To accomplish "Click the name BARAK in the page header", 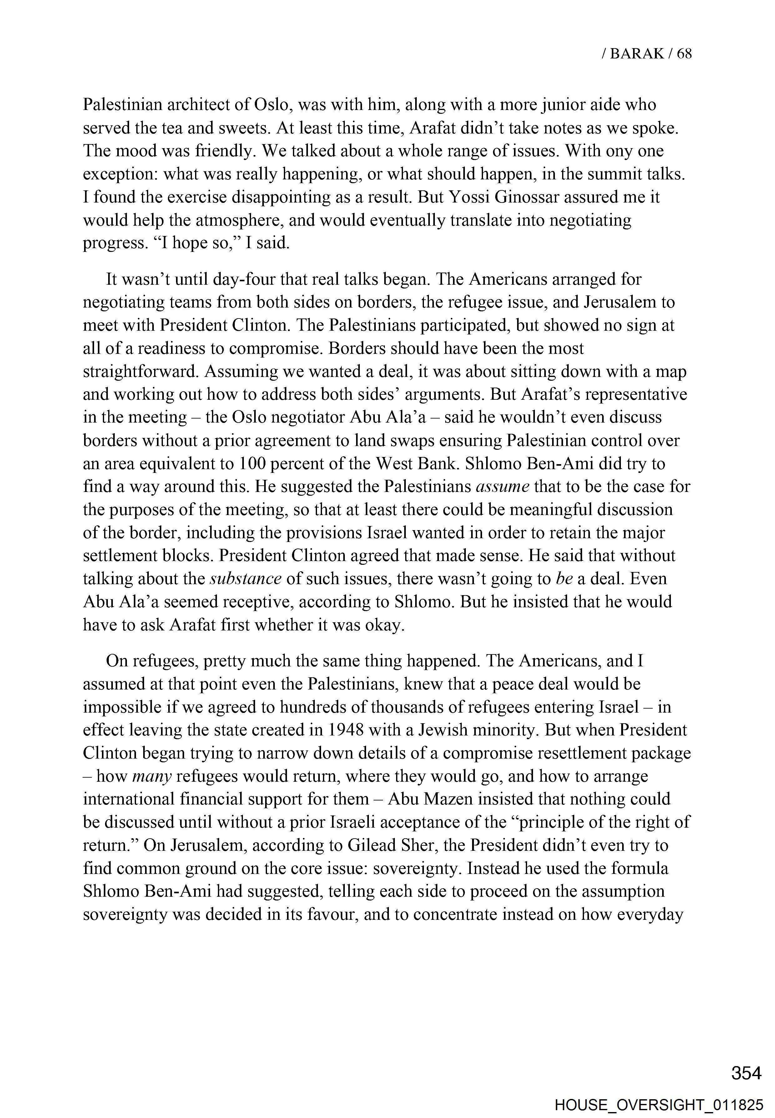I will (x=637, y=53).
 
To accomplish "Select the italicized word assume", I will (x=502, y=486).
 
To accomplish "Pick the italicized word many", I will (x=152, y=776).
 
